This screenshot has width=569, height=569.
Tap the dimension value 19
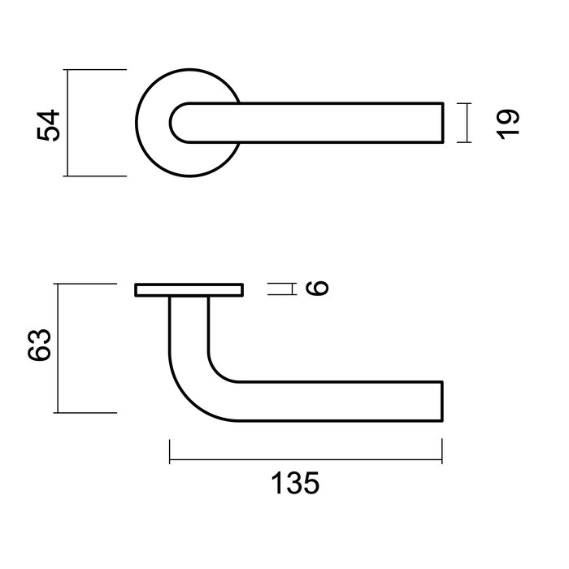[508, 124]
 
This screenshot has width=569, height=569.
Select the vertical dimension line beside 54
[68, 124]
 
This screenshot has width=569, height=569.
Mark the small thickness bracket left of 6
[280, 289]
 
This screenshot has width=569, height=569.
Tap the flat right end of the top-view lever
[443, 124]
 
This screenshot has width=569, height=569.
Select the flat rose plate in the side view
[189, 289]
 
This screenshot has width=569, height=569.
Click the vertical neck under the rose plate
[189, 325]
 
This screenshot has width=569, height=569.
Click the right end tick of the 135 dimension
[441, 452]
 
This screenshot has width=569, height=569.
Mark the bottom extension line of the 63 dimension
[85, 412]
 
